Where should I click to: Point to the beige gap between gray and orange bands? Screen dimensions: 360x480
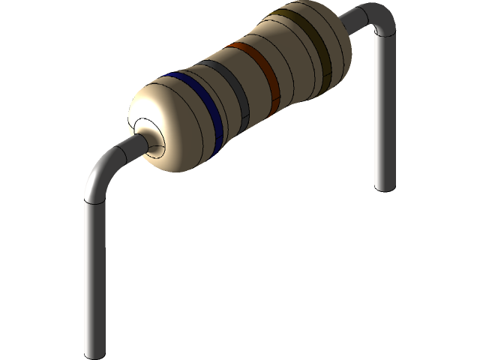249,82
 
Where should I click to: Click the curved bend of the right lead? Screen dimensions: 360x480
379,19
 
